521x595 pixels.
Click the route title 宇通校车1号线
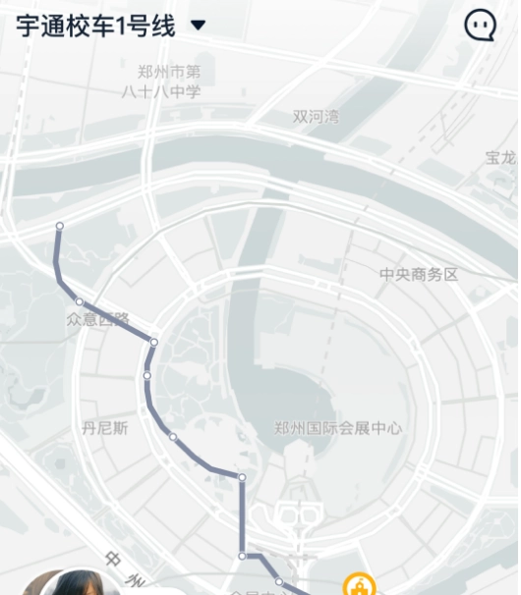95,26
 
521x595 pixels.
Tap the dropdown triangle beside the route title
198,26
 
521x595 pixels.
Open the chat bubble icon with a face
480,26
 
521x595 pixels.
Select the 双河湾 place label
316,117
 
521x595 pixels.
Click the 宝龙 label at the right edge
501,157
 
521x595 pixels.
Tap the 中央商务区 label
419,275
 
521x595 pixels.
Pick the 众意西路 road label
97,319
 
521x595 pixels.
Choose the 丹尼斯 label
105,427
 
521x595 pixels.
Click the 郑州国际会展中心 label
338,428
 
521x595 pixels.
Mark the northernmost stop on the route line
59,226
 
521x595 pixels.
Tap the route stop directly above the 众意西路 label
79,301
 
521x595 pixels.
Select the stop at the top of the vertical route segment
242,477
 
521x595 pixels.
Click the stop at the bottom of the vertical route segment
242,556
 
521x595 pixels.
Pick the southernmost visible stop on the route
279,582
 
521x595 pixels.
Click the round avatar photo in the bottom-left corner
74,583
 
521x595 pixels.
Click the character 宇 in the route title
27,26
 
